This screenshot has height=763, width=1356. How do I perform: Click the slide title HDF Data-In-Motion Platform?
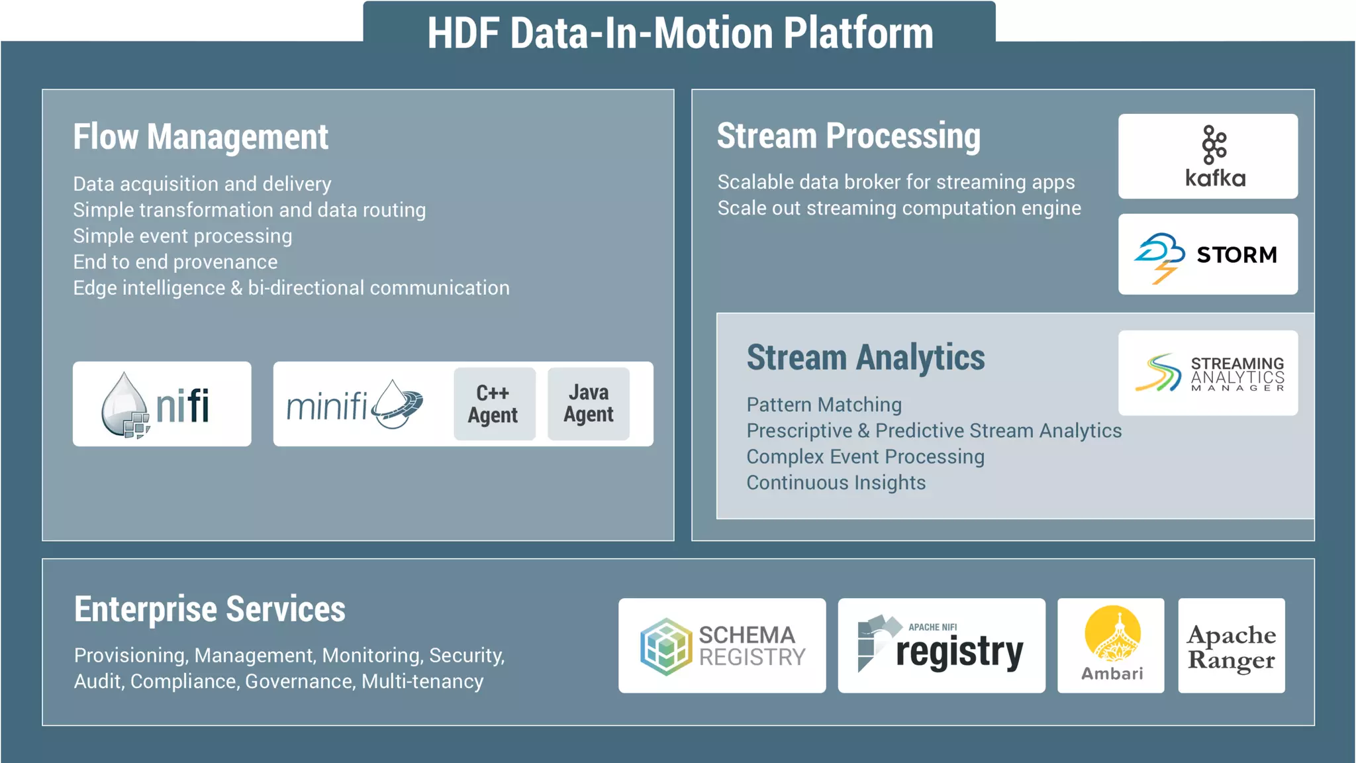click(x=679, y=33)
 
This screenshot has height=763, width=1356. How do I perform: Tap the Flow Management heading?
click(x=201, y=137)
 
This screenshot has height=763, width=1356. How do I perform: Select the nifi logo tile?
click(x=162, y=404)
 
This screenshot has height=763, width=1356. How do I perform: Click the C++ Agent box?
click(x=494, y=404)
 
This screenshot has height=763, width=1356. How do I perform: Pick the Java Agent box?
click(x=588, y=404)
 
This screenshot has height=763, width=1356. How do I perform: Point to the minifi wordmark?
click(x=327, y=405)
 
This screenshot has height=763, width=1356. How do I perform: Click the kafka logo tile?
click(x=1208, y=156)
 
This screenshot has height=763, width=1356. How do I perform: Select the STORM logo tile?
click(x=1208, y=254)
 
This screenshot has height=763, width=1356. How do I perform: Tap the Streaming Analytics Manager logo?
click(x=1208, y=373)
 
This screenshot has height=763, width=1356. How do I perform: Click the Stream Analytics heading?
click(x=865, y=358)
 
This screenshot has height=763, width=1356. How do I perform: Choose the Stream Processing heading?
click(x=848, y=136)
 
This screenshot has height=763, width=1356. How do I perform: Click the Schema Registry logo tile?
click(x=722, y=646)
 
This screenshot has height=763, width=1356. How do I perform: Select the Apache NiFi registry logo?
click(x=941, y=646)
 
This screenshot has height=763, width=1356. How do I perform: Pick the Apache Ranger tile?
click(x=1231, y=646)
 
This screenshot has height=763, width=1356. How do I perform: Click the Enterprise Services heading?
click(x=209, y=609)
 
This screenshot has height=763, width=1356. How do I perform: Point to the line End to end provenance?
click(x=175, y=262)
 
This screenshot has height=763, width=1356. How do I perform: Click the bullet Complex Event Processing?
click(x=865, y=457)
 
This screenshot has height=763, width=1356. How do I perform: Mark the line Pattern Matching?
click(x=824, y=405)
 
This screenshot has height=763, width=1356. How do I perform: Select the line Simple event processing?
click(x=182, y=236)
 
